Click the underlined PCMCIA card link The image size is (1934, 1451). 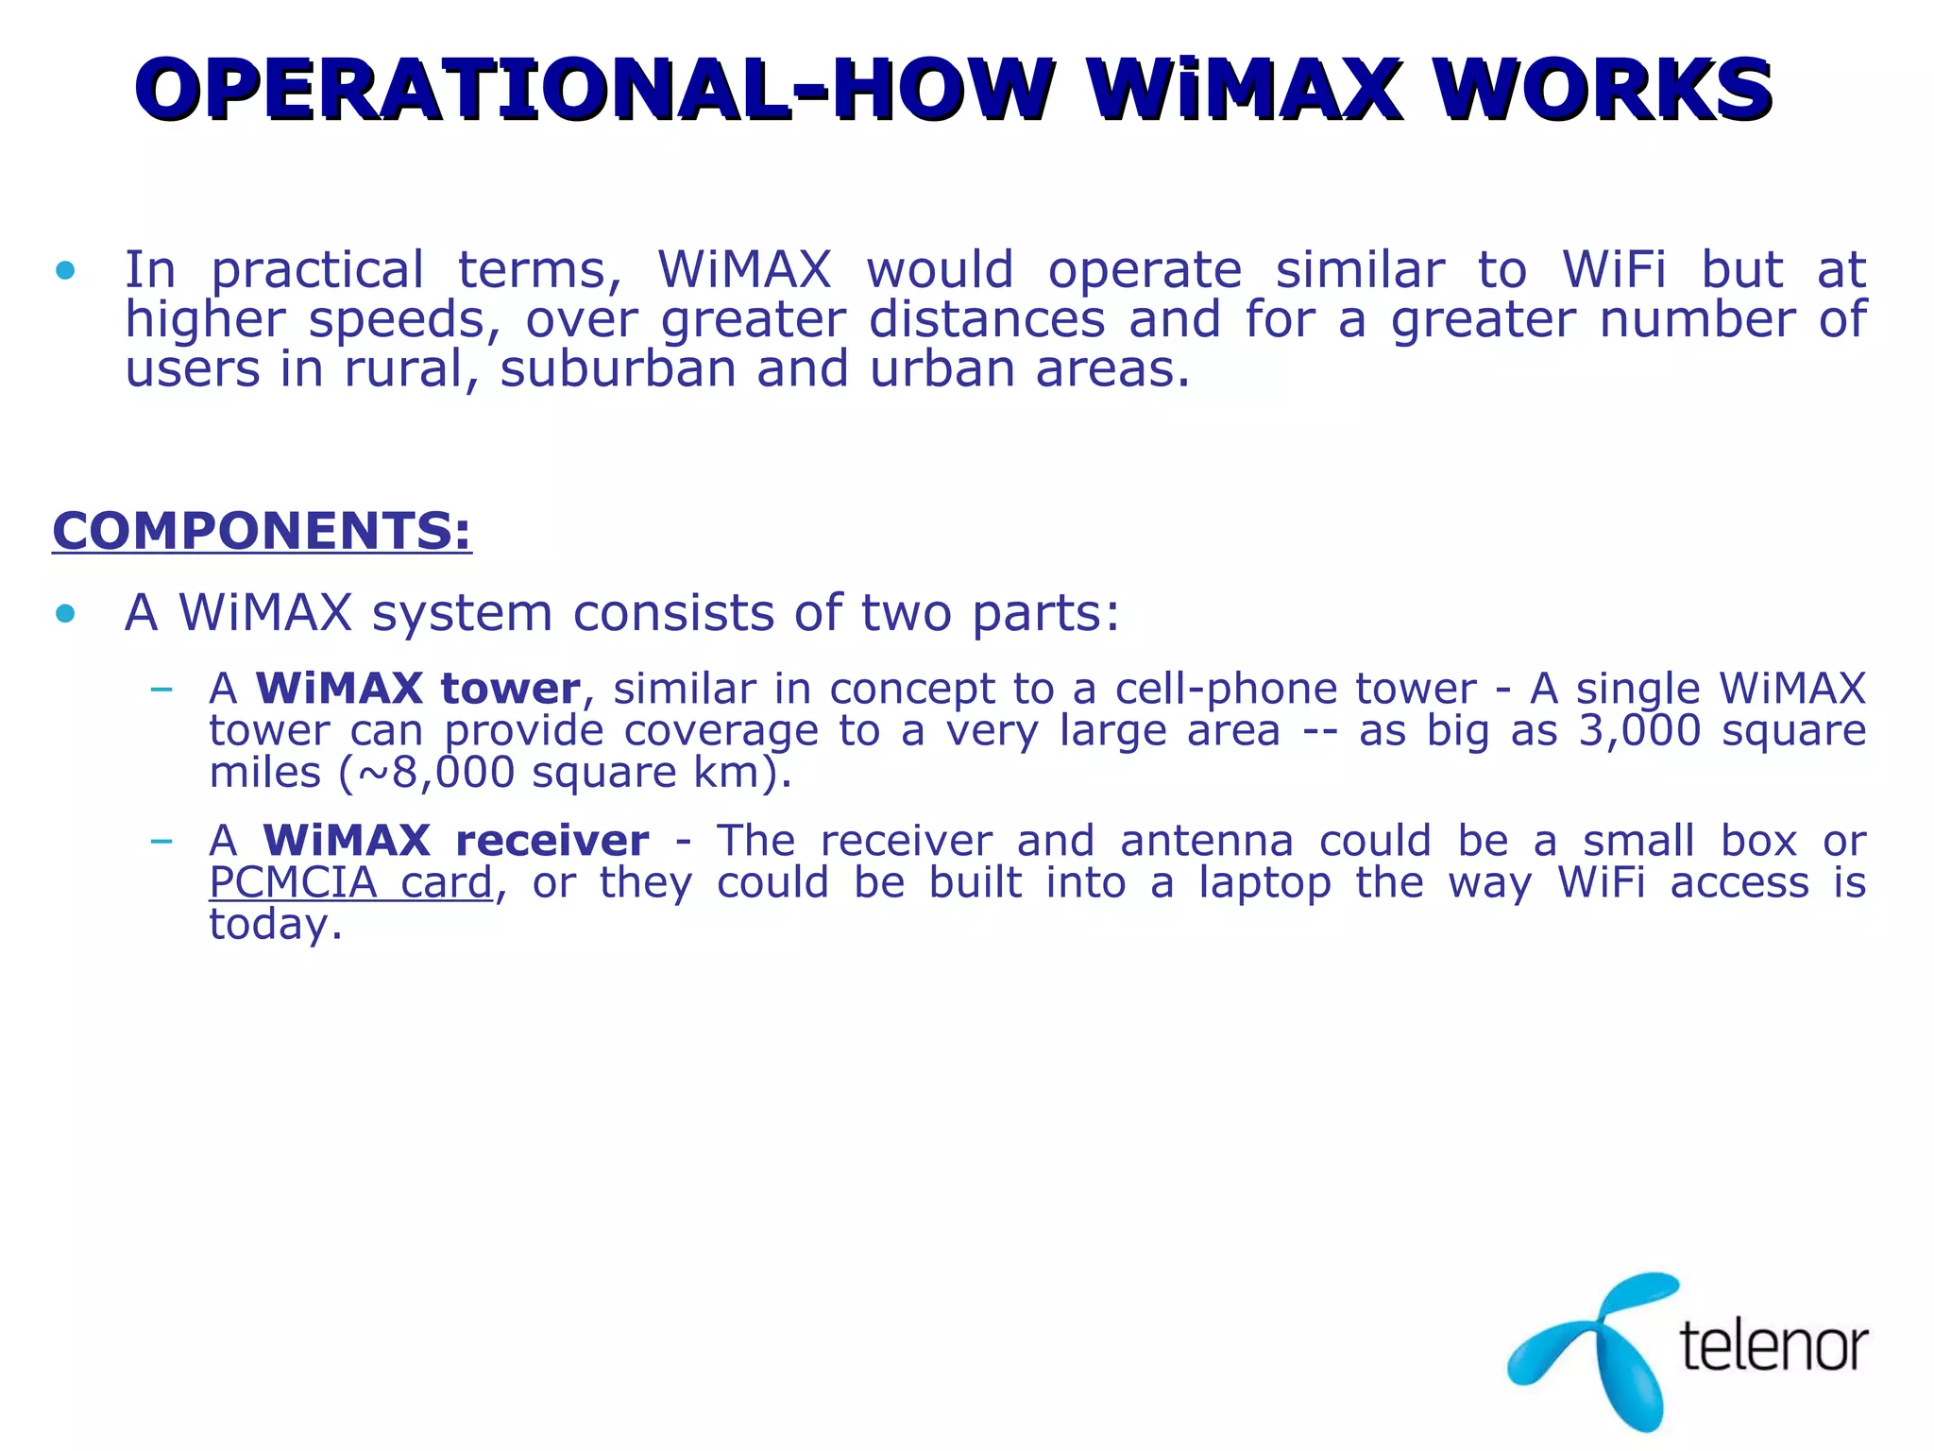click(351, 882)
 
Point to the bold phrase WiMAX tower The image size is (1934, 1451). click(418, 689)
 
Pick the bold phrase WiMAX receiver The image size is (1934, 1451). click(455, 841)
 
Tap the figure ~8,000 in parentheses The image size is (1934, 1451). click(433, 773)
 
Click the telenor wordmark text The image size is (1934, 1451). click(1773, 1345)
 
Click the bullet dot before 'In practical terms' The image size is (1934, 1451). click(65, 272)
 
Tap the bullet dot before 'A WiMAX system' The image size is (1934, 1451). click(65, 614)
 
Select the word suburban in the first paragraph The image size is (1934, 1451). click(618, 368)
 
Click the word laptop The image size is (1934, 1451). click(1266, 882)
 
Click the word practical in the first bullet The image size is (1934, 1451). click(317, 271)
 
